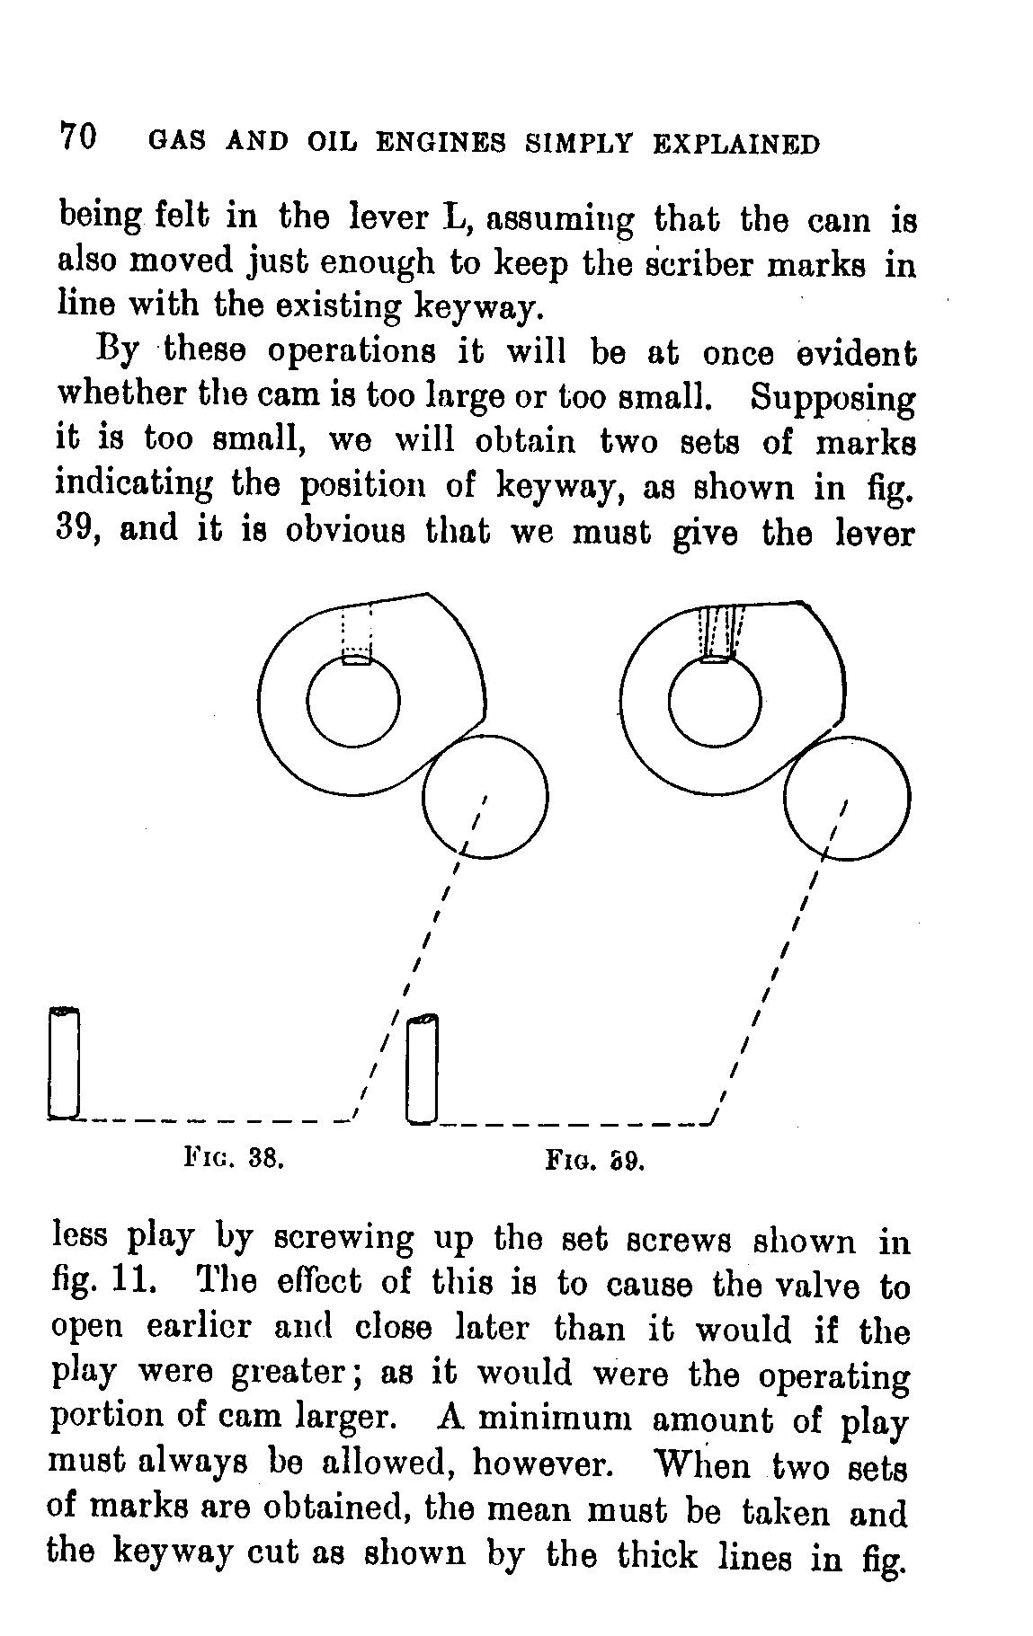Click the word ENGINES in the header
[x=440, y=143]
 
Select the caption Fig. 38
[x=234, y=1158]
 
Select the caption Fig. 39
[x=595, y=1161]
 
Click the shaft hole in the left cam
[x=353, y=703]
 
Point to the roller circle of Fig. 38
[x=485, y=795]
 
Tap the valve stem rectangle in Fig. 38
[x=64, y=1065]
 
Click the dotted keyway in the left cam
[x=357, y=635]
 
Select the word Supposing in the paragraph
[x=833, y=397]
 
